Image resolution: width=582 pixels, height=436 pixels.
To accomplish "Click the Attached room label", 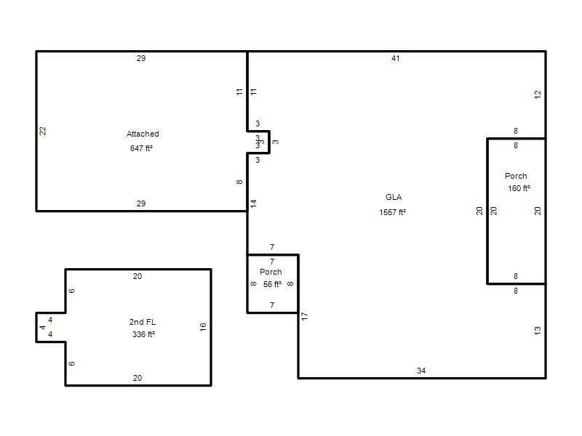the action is [x=143, y=134].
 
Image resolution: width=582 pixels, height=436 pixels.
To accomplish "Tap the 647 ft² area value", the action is [x=141, y=148].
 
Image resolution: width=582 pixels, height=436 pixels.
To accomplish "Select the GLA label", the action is [x=394, y=197].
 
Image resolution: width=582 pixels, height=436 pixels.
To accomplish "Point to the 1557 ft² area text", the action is [x=392, y=212].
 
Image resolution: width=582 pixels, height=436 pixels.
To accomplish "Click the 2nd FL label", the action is [x=143, y=322].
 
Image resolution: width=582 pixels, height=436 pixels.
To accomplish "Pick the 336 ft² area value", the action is [x=143, y=334].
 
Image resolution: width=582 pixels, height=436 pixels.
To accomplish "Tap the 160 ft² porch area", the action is [x=519, y=188].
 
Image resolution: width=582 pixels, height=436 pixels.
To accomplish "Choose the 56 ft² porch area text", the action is [x=272, y=284].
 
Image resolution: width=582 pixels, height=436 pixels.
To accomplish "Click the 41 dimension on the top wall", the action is [x=395, y=58].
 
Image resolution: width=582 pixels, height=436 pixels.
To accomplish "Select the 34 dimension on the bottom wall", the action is [x=421, y=371].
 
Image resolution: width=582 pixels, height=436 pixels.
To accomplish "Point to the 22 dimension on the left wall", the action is [x=43, y=131].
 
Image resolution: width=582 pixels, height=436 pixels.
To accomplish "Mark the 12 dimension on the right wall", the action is [x=538, y=94].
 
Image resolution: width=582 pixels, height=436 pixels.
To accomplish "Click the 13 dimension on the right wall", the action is [x=538, y=331].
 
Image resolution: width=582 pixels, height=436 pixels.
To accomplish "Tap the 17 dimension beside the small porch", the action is [x=304, y=316].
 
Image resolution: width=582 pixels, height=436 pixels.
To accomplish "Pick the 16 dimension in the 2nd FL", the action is [x=203, y=327].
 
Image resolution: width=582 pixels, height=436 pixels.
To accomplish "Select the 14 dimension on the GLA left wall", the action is [x=253, y=203].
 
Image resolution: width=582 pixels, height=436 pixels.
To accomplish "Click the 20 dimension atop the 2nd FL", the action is [x=137, y=276].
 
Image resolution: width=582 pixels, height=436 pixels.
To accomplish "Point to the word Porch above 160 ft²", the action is [x=516, y=176].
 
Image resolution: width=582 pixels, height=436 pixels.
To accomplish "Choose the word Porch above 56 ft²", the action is [x=271, y=272].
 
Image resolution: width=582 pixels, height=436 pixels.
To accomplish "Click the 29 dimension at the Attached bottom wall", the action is [x=141, y=203].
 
